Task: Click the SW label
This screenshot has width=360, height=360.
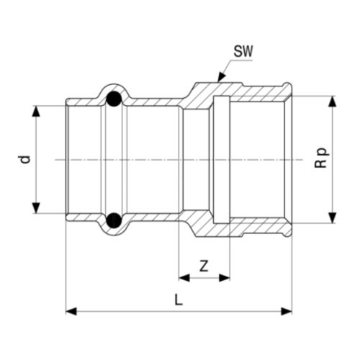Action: coord(243,51)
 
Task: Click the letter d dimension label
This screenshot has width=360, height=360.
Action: coord(25,160)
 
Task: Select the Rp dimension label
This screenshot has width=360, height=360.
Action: coord(321,158)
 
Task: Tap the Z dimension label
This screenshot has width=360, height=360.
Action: coord(204,266)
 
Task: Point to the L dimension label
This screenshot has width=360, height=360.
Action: coord(179,300)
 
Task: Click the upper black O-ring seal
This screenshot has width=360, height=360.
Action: coord(114,99)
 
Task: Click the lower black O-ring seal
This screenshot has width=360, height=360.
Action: coord(114,220)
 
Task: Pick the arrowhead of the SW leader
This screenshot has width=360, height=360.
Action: coord(221,78)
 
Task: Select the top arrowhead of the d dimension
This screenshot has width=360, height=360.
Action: coord(36,111)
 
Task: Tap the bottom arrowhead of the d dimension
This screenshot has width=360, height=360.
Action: coord(36,208)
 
